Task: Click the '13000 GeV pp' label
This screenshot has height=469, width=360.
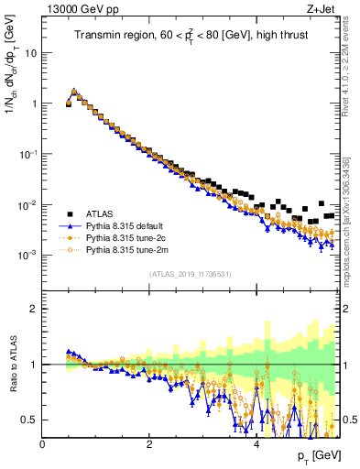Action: pyautogui.click(x=75, y=9)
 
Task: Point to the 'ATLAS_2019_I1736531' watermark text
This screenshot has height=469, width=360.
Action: pyautogui.click(x=190, y=273)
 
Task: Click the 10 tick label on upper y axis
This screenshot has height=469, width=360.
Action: pyautogui.click(x=31, y=53)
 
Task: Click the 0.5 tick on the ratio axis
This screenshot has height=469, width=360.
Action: pyautogui.click(x=29, y=420)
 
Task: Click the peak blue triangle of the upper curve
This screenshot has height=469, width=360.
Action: pyautogui.click(x=74, y=91)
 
